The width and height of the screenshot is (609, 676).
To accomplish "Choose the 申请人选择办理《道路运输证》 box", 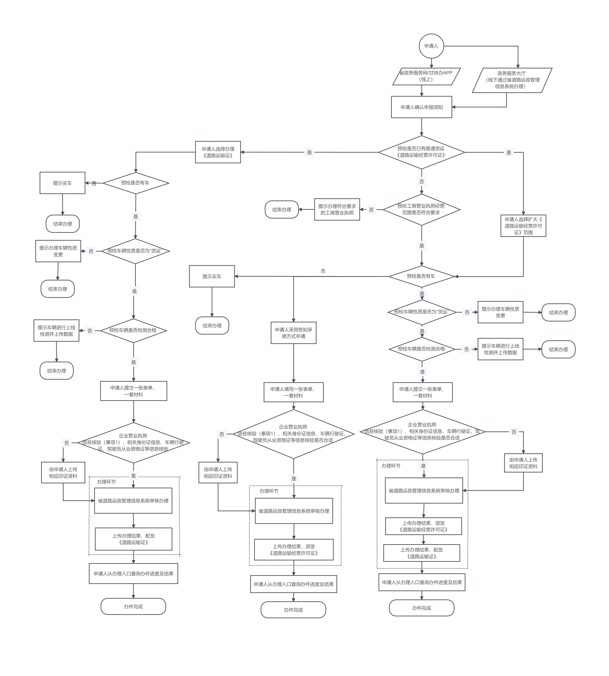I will (x=218, y=152).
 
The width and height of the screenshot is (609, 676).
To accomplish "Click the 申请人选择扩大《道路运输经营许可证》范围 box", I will (x=523, y=226).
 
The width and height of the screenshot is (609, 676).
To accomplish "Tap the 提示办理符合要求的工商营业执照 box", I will (x=337, y=210).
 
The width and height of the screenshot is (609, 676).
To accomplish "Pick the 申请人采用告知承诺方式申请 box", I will (x=294, y=333).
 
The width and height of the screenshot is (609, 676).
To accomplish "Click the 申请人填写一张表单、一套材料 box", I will (x=294, y=392).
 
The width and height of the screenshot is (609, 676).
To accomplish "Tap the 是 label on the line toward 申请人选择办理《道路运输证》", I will (x=309, y=152).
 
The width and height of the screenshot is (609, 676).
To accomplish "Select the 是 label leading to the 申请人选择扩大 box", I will (x=508, y=153).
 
